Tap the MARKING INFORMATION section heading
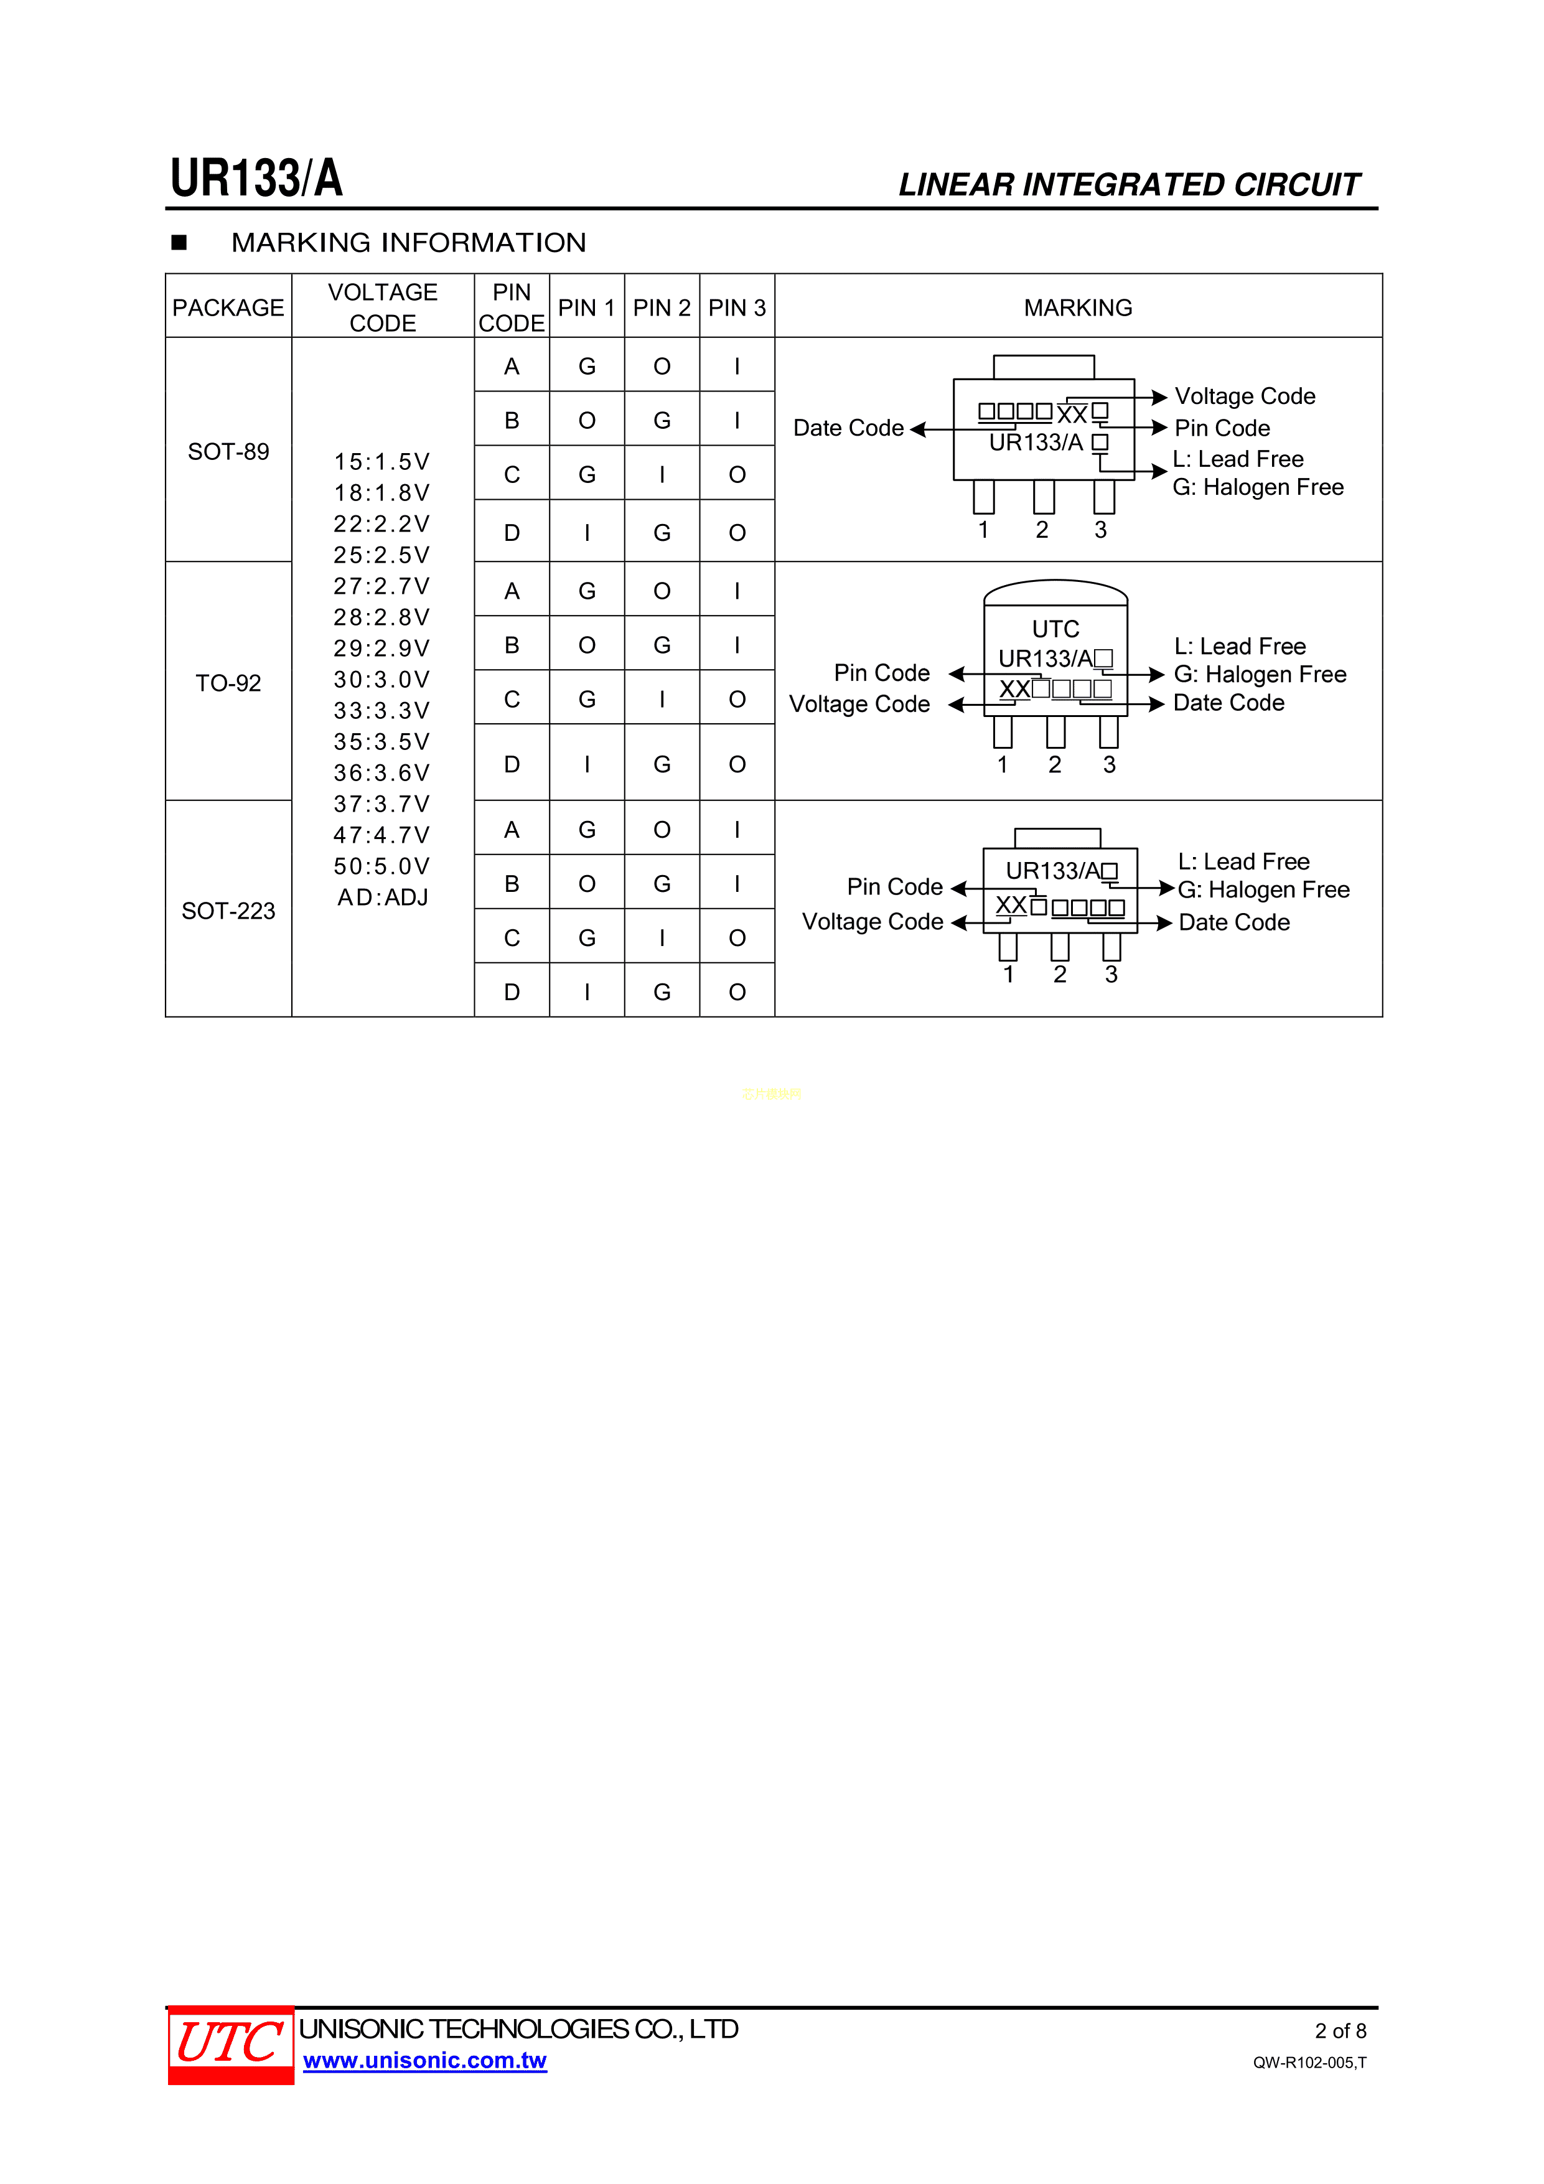pos(408,243)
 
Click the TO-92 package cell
pos(228,683)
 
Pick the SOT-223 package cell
pos(228,911)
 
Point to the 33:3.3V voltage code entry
pos(381,711)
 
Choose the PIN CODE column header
pos(511,307)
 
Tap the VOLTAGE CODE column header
pos(383,307)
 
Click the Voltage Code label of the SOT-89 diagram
pos(1244,396)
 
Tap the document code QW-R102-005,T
pos(1308,2062)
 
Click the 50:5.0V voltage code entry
pos(381,866)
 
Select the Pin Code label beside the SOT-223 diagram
pos(894,886)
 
